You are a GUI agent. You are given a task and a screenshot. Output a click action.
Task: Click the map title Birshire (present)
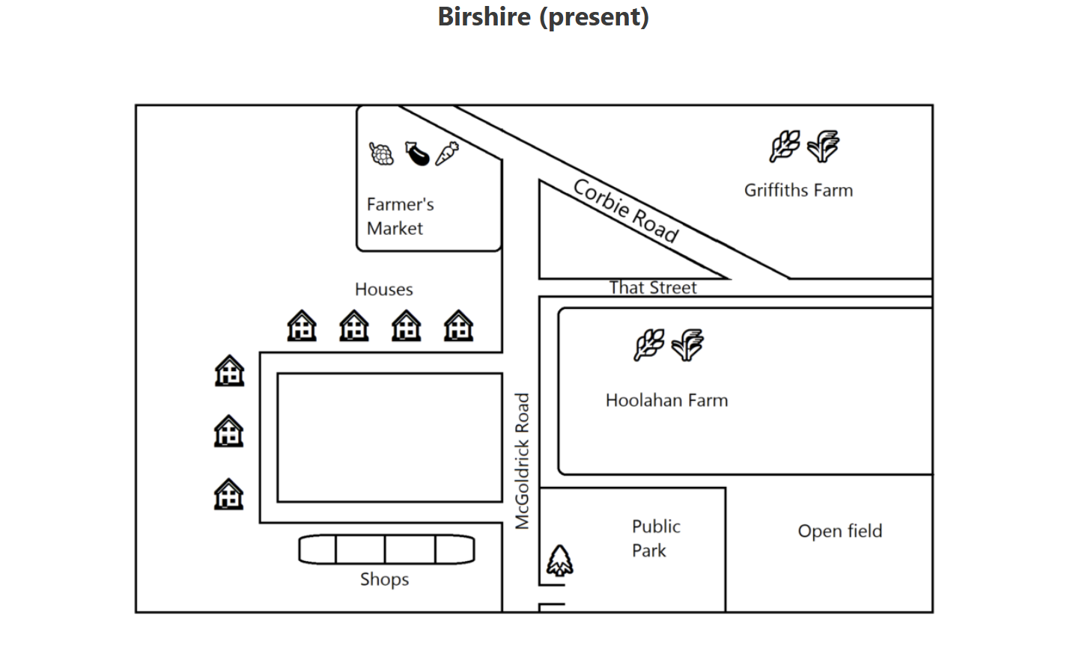[543, 16]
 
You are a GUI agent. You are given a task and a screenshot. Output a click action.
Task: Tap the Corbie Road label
[626, 211]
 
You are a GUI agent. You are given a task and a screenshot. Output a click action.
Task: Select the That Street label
[652, 288]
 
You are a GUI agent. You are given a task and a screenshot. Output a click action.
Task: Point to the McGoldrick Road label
[522, 461]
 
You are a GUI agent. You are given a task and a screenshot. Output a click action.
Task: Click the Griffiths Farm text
[798, 190]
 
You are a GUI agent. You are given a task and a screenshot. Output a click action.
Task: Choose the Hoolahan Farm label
[666, 400]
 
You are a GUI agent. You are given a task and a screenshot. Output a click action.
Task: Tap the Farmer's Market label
[400, 216]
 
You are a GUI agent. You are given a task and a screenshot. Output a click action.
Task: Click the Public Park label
[655, 538]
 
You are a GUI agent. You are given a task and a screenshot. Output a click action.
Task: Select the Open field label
[839, 531]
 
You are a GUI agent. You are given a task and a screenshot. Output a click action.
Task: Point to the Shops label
[384, 579]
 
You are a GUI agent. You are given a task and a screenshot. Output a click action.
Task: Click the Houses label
[383, 289]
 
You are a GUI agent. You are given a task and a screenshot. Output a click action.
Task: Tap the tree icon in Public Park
[559, 560]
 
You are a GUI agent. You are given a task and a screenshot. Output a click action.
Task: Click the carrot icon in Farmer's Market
[447, 153]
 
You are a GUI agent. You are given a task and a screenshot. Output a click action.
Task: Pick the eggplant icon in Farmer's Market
[417, 153]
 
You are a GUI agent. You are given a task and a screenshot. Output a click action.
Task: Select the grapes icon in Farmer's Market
[381, 153]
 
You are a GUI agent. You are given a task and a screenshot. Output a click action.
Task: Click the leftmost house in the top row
[302, 326]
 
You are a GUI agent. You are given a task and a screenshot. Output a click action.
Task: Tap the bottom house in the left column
[229, 494]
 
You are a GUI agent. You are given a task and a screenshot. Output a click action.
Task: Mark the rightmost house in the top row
[458, 326]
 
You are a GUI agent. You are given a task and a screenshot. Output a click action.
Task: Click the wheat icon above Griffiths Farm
[784, 146]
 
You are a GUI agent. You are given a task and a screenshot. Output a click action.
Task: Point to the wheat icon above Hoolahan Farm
[648, 345]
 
